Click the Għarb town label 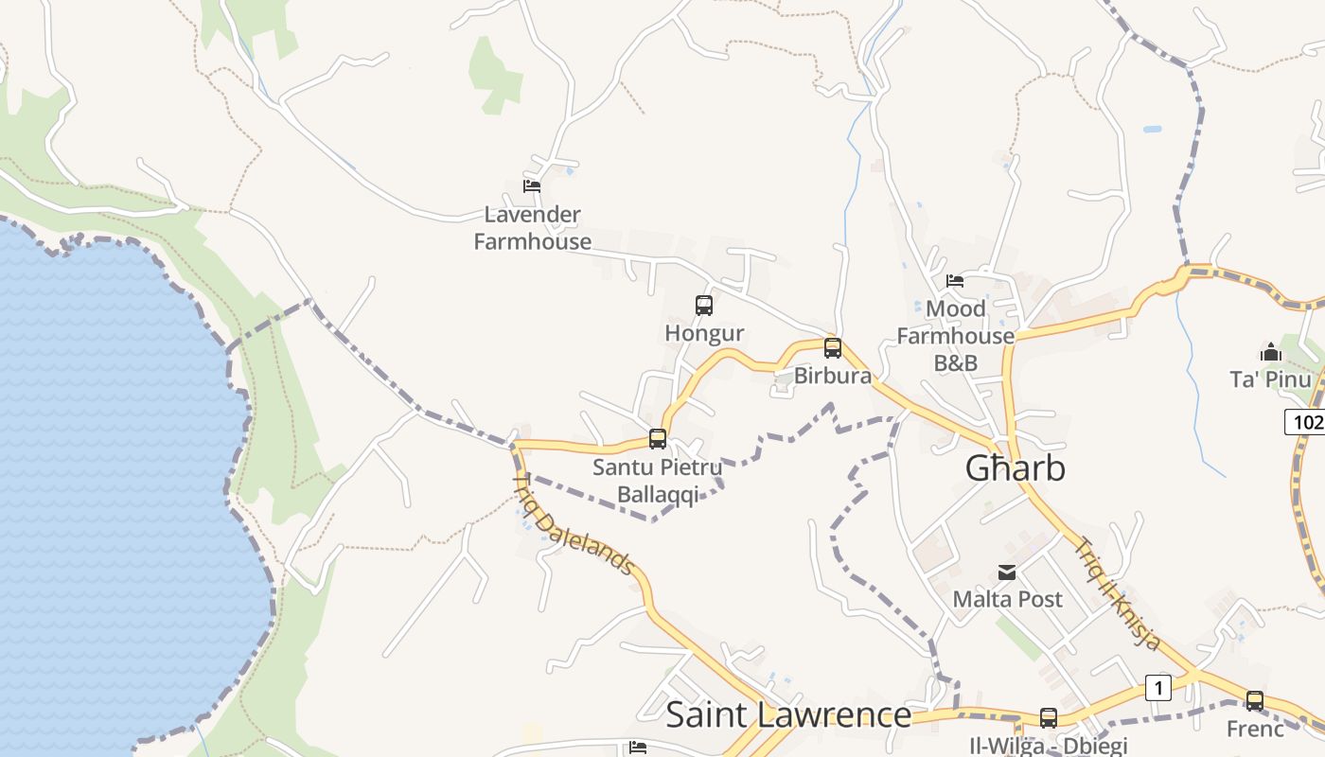point(1015,468)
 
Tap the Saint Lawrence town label point(788,714)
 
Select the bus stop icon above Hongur point(704,306)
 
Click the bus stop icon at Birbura point(833,348)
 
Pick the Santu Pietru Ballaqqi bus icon point(658,439)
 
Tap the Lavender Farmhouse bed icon point(532,186)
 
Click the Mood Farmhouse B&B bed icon point(955,281)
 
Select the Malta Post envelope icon point(1007,572)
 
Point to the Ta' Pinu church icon point(1270,353)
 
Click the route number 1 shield point(1158,688)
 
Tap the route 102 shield point(1306,422)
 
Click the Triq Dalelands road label point(572,524)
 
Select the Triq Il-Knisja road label point(1118,593)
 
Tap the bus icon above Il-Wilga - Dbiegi point(1049,718)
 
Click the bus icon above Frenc point(1255,701)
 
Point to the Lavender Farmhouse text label point(532,228)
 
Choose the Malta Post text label point(1007,599)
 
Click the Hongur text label point(704,333)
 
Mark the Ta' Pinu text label point(1270,379)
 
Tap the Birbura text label point(833,376)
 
